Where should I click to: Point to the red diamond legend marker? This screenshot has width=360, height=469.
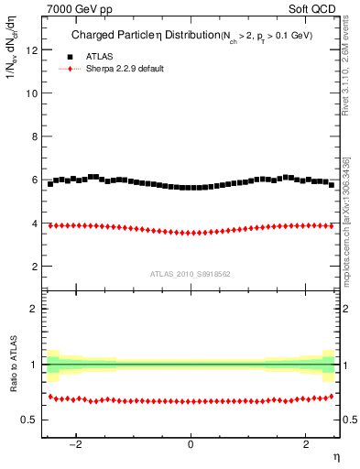(x=62, y=69)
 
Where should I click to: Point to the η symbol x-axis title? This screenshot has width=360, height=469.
(x=334, y=456)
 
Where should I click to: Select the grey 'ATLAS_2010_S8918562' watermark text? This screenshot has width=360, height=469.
(x=190, y=273)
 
